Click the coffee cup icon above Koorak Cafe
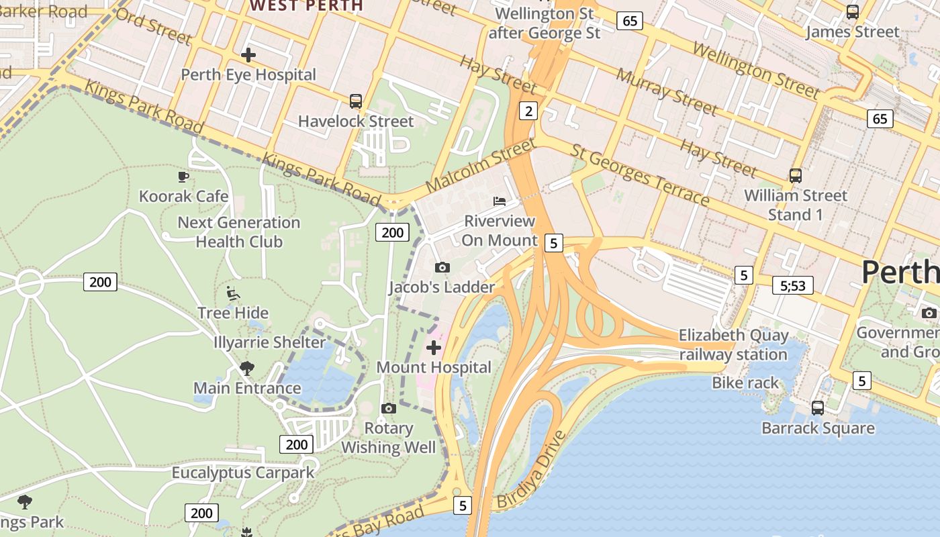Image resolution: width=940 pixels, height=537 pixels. [183, 177]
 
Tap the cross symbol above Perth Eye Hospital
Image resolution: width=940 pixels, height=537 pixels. [248, 54]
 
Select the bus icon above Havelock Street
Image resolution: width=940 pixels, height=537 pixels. [356, 101]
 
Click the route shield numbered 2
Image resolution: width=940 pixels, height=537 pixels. [529, 111]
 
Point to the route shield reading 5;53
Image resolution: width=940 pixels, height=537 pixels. [792, 285]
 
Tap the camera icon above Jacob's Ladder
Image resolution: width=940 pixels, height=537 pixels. [442, 268]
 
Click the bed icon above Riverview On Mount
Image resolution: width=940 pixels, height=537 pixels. [500, 201]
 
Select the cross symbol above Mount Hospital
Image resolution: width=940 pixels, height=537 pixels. [434, 348]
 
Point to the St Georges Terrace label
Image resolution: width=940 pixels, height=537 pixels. [639, 175]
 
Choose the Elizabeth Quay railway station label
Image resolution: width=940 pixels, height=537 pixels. [733, 344]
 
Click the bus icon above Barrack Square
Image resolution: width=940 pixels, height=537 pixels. [818, 407]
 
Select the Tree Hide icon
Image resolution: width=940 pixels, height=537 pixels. [232, 293]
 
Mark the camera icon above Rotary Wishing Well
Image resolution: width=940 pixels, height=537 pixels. [388, 408]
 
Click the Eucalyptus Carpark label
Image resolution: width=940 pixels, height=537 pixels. [243, 473]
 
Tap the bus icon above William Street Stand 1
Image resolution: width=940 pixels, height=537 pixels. [796, 176]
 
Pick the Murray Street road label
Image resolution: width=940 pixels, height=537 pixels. [667, 91]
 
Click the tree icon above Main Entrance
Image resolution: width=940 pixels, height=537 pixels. [247, 368]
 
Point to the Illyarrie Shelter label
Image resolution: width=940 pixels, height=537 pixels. [269, 342]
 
